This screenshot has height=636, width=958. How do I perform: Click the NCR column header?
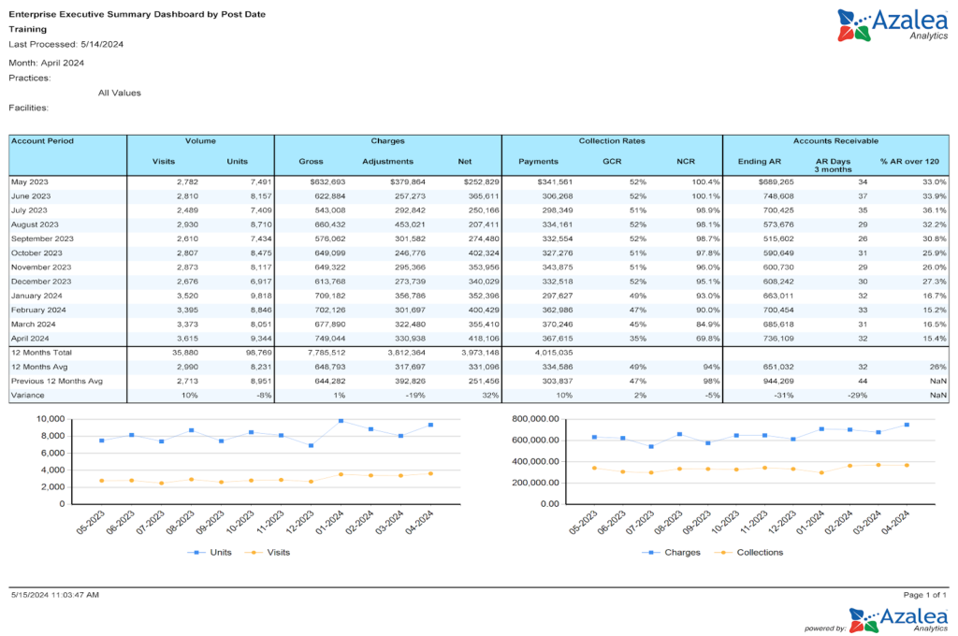click(x=686, y=161)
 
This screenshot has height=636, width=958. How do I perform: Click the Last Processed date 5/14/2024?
click(x=103, y=44)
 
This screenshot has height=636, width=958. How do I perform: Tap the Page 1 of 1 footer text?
click(x=925, y=595)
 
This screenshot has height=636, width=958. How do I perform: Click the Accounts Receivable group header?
click(x=835, y=140)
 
